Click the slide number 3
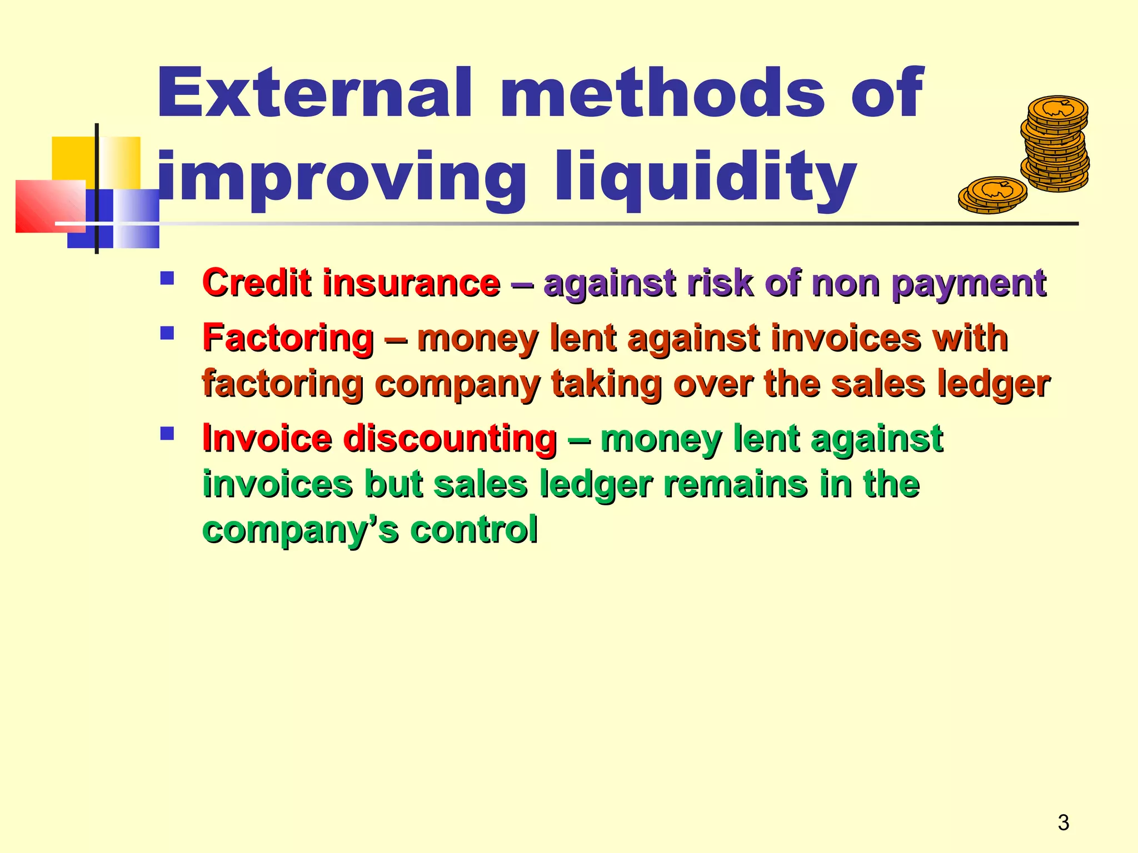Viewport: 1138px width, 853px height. point(1063,822)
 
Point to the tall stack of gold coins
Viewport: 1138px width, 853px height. point(1055,144)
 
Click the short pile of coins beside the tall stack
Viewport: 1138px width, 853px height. point(992,195)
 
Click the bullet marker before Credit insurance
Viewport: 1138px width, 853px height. point(167,278)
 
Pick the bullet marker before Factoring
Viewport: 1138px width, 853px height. point(167,333)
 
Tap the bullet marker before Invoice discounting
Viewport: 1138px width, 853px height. point(167,433)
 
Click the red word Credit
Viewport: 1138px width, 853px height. point(256,283)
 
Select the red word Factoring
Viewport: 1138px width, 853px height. point(288,338)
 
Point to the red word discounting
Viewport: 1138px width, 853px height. point(450,438)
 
